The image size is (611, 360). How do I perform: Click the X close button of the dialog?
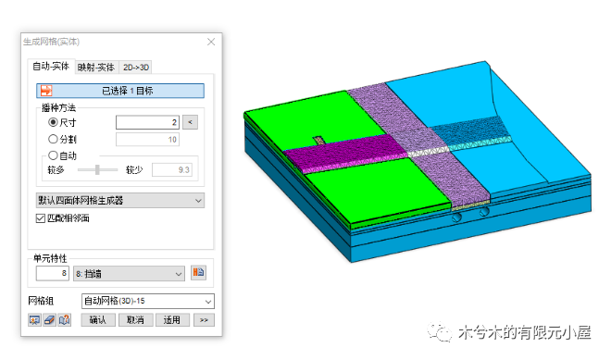point(211,42)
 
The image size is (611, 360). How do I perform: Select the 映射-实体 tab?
point(96,67)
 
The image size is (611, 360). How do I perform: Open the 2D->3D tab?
point(136,67)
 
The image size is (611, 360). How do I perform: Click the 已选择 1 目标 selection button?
point(120,91)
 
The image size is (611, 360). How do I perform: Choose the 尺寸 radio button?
point(53,122)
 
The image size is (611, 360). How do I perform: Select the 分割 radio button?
point(53,139)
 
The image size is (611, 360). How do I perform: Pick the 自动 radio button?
point(53,155)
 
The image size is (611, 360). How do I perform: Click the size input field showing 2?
point(147,122)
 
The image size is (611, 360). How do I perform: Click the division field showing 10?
point(147,140)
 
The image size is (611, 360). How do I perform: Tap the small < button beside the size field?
point(190,122)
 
